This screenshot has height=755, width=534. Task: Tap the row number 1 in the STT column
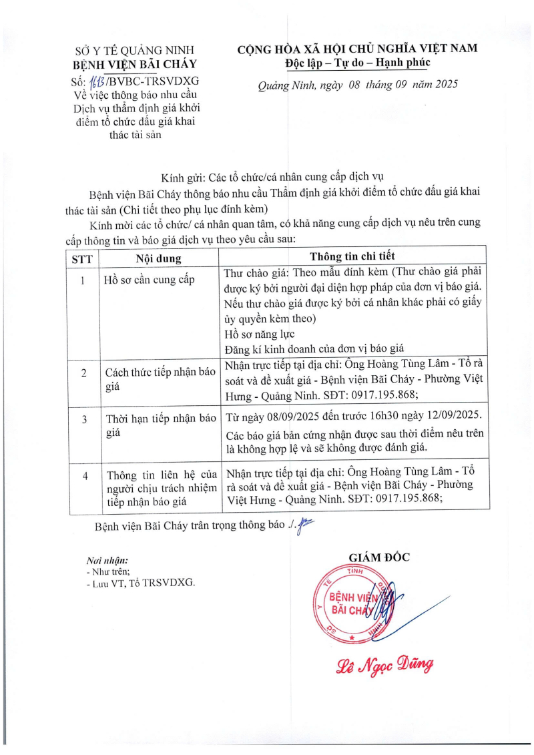[x=83, y=281]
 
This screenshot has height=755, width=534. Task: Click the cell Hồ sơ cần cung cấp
[x=150, y=280]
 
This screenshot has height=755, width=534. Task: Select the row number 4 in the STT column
[x=83, y=476]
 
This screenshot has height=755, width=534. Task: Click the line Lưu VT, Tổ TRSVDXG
[x=141, y=583]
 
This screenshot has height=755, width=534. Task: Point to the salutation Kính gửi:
[x=183, y=178]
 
